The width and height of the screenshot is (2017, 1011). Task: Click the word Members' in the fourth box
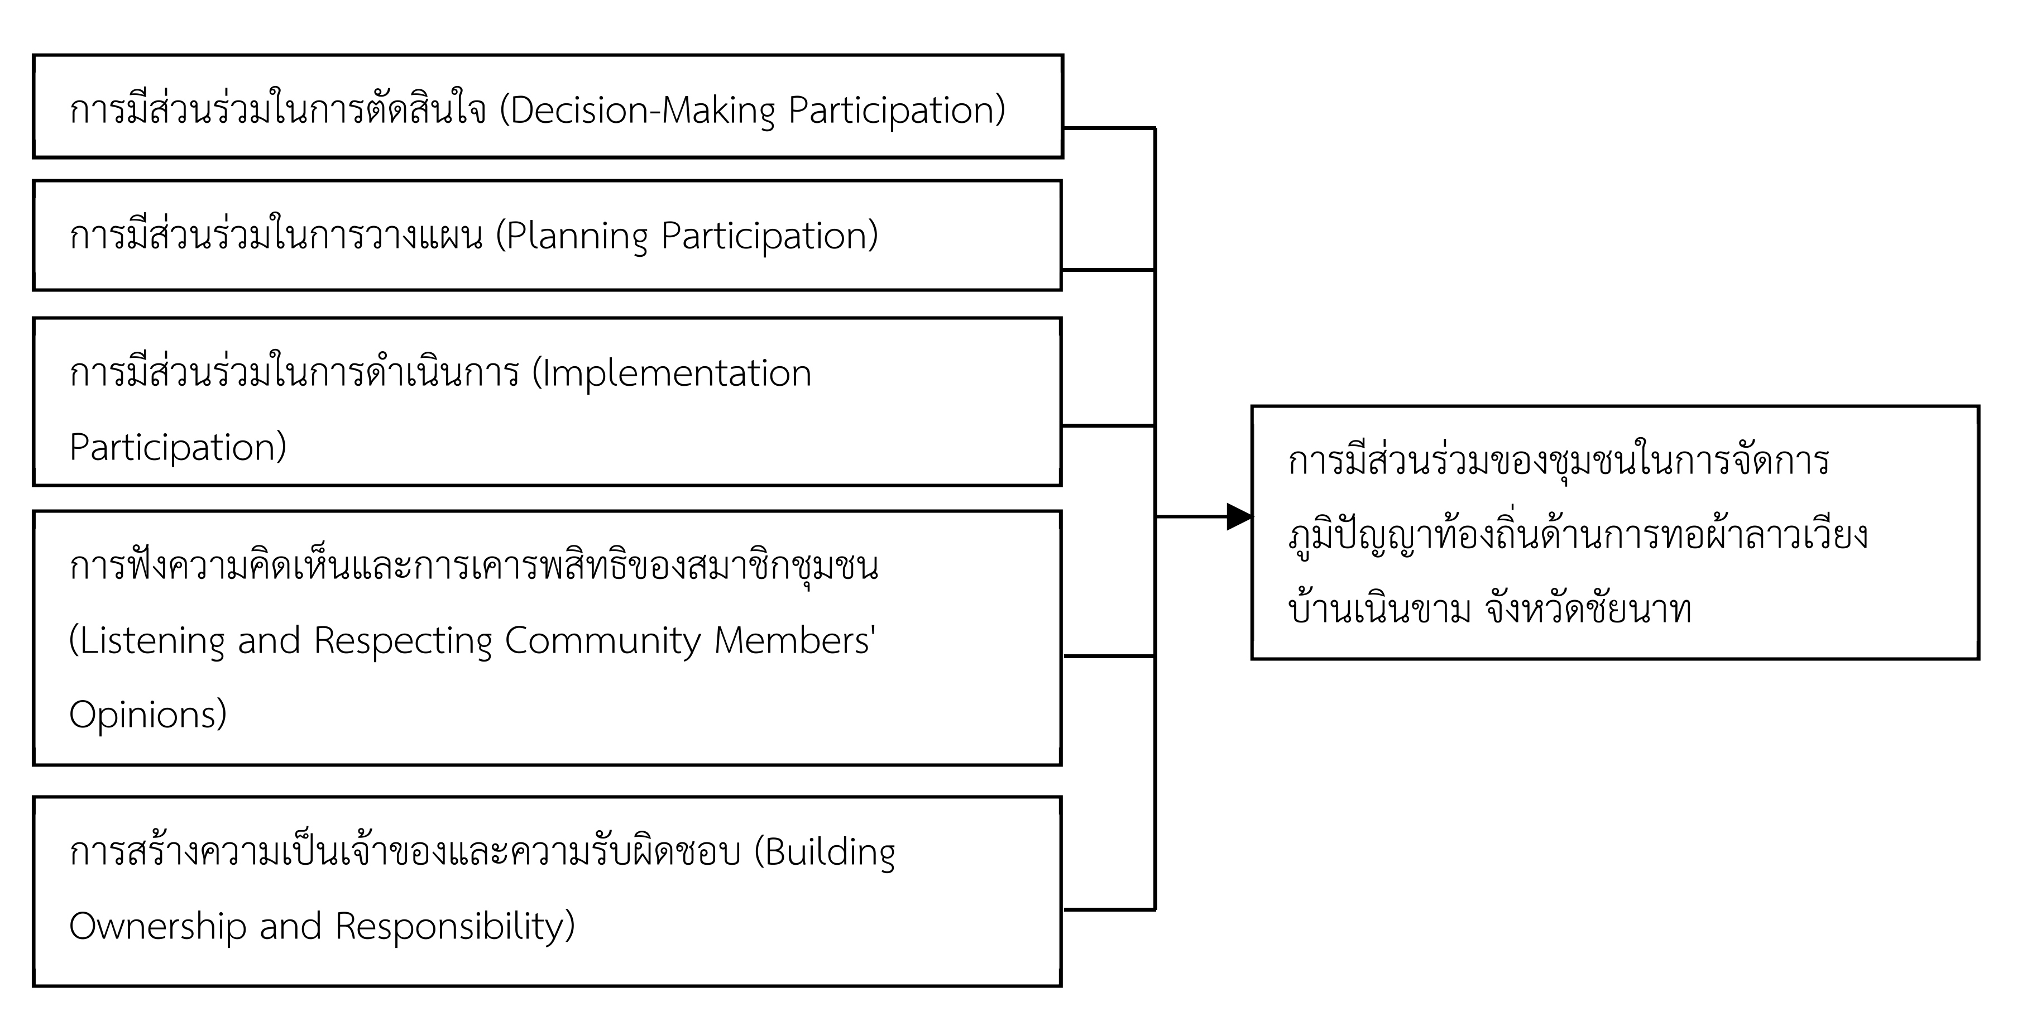795,640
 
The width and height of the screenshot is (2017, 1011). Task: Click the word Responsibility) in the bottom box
455,926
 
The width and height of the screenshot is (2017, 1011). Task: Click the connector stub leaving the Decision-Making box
1109,128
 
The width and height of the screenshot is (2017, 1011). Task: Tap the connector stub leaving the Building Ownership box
1109,909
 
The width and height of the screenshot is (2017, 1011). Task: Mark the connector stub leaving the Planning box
1109,270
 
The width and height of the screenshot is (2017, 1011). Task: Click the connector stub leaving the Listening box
1109,657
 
